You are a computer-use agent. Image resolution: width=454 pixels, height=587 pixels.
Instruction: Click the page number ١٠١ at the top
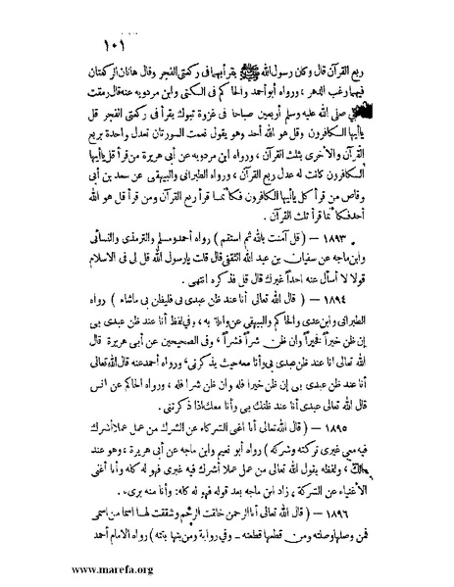[x=111, y=46]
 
